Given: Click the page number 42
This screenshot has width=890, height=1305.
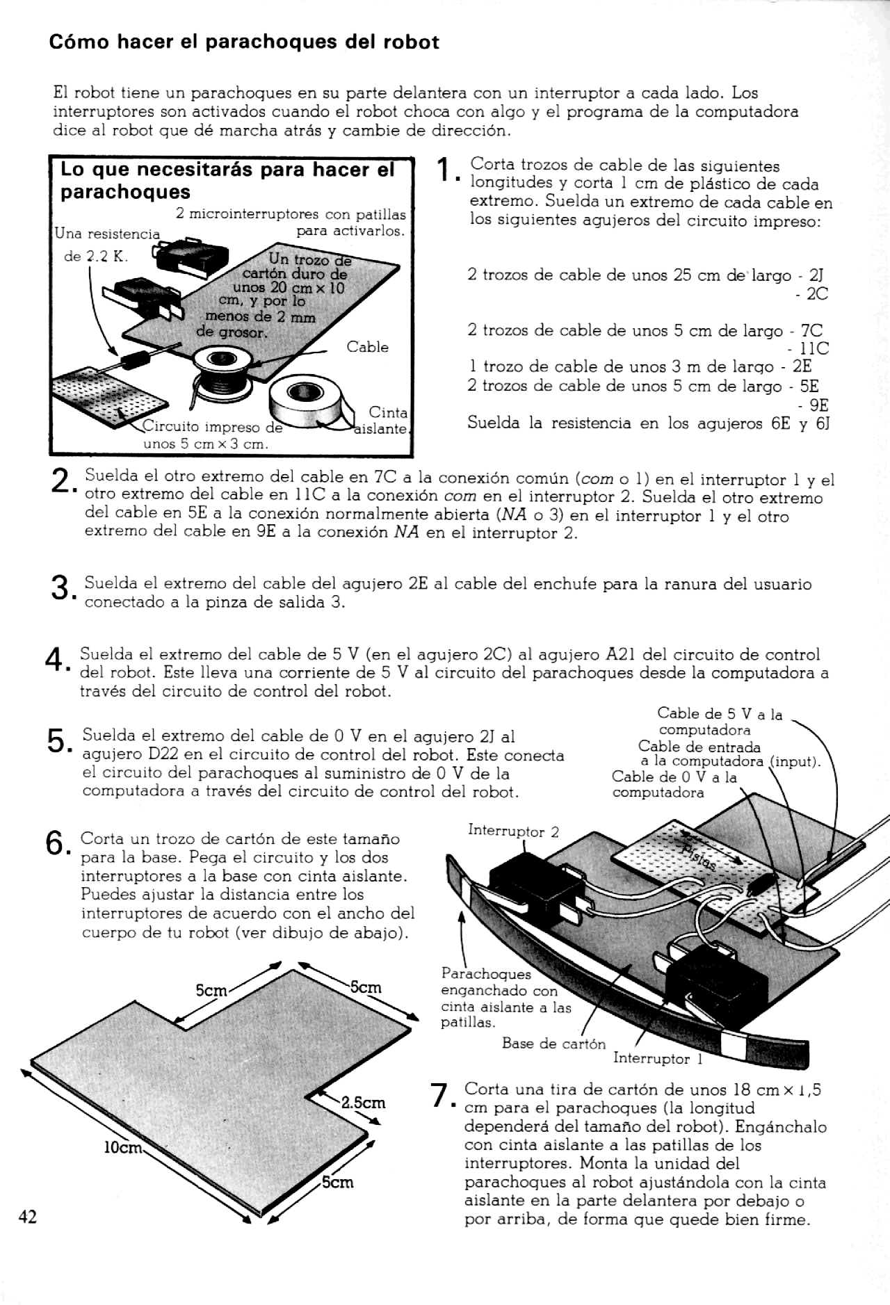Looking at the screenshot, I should tap(28, 1216).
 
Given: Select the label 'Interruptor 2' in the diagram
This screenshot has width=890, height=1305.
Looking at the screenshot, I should tap(513, 831).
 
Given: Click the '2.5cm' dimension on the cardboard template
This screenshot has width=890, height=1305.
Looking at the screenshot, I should tap(363, 1103).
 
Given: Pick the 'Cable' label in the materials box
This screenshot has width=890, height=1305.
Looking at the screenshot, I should tap(367, 347).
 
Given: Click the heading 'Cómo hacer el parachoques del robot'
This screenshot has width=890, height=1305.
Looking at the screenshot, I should tap(244, 42).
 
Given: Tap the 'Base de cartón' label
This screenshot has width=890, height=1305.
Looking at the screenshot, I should tap(553, 1044).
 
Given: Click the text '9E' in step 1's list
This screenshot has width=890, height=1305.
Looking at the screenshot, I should tap(818, 405).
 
